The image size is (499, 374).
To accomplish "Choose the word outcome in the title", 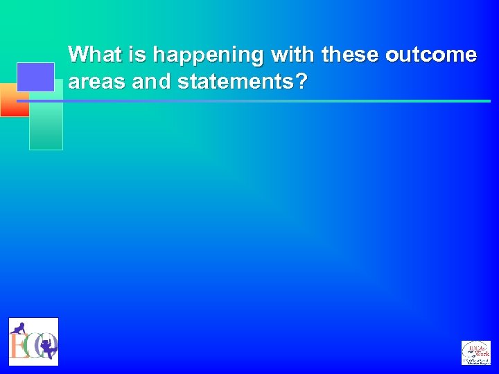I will coord(431,54).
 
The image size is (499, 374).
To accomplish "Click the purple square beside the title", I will coord(35,77).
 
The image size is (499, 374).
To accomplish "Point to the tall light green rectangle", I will coord(46,125).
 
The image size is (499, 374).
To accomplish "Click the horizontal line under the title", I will coord(277,101).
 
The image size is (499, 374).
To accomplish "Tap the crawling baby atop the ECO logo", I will coord(19,328).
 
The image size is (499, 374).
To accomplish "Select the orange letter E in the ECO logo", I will coord(17,346).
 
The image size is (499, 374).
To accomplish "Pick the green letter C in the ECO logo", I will coord(31,346).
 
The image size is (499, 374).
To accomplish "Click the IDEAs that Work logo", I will coord(475,353).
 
